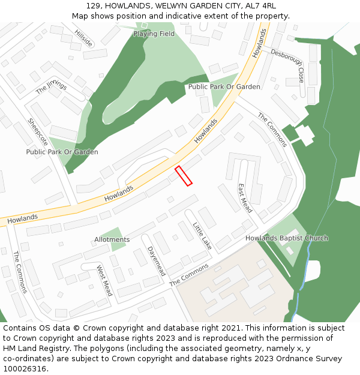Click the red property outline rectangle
183,176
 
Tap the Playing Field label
154,34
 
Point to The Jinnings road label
51,87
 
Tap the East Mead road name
245,199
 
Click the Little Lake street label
202,236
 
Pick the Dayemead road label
156,261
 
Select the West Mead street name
104,281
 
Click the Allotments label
112,239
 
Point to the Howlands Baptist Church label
287,238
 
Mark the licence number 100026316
24,369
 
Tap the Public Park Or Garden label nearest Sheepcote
62,152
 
